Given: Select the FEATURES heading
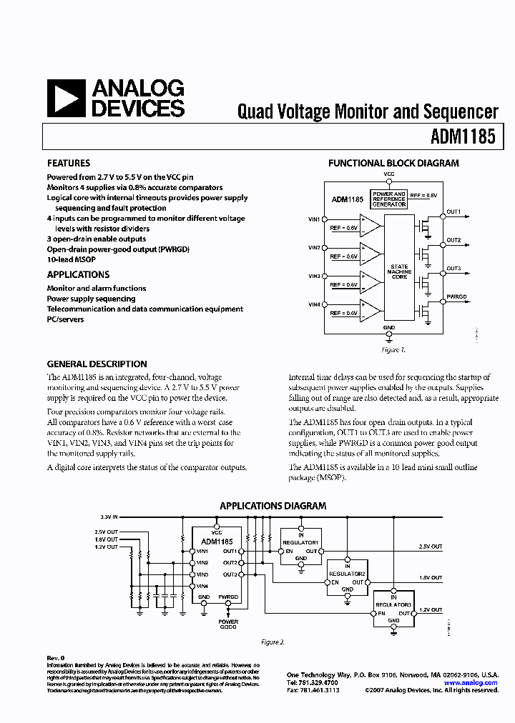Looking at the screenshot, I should pyautogui.click(x=69, y=163).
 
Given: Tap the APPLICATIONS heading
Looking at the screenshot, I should pyautogui.click(x=78, y=274).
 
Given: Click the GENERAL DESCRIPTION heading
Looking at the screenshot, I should pyautogui.click(x=97, y=364).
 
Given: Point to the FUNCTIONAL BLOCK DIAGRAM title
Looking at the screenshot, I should pyautogui.click(x=393, y=163).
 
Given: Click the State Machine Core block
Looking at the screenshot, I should pyautogui.click(x=399, y=271).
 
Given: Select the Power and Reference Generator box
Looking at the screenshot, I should pyautogui.click(x=389, y=199).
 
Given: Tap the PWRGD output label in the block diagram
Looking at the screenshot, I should pyautogui.click(x=456, y=296).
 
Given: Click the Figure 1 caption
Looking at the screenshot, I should pyautogui.click(x=393, y=350).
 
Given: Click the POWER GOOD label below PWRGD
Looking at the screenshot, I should pyautogui.click(x=228, y=624).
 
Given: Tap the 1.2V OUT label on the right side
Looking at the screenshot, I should pyautogui.click(x=431, y=609).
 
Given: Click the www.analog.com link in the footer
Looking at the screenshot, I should pyautogui.click(x=470, y=683).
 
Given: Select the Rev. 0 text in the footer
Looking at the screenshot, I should pyautogui.click(x=56, y=657).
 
